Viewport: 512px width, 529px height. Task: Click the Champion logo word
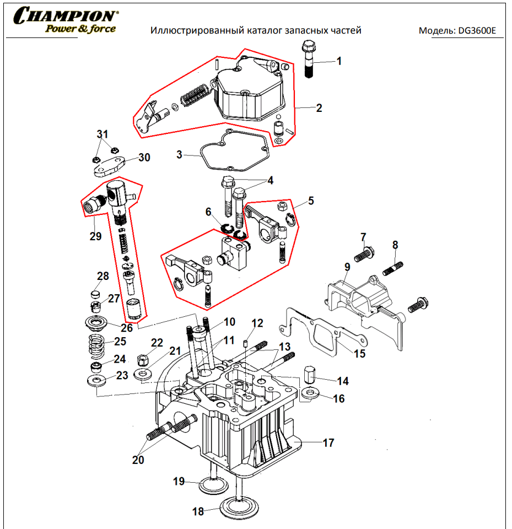[x=66, y=15]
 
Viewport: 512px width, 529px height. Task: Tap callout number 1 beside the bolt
[x=339, y=61]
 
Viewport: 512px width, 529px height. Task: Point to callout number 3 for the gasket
[x=179, y=155]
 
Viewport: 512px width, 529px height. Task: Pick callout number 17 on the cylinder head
[x=328, y=442]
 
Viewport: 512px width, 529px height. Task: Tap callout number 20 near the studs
[x=138, y=460]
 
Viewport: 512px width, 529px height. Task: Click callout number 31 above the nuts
[x=103, y=134]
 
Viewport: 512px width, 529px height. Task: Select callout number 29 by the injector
[x=95, y=236]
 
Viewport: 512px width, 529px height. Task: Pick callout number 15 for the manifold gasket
[x=359, y=353]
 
